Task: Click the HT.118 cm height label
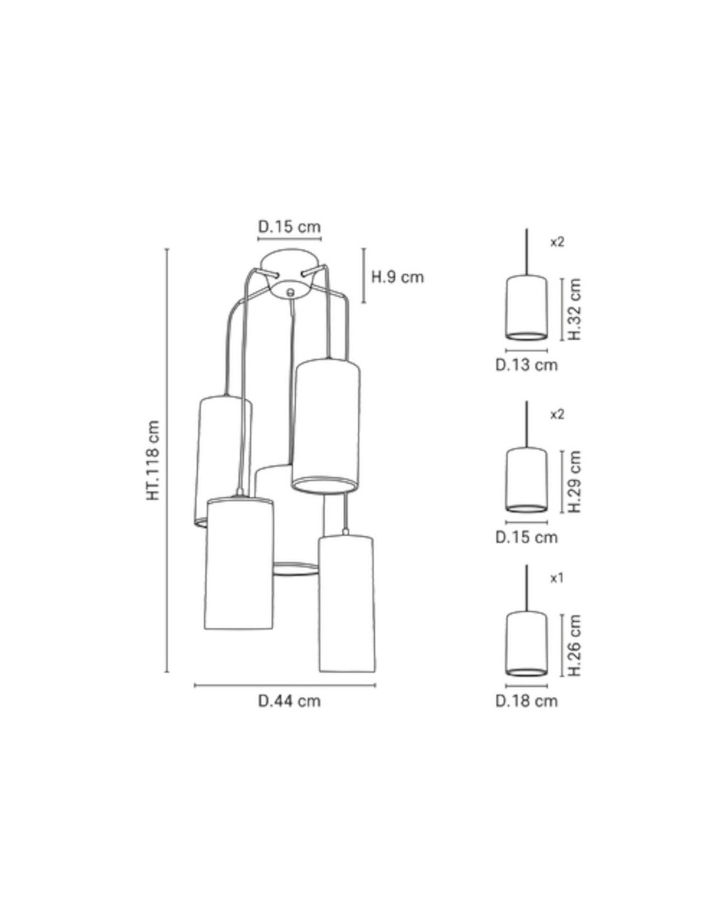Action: coord(153,460)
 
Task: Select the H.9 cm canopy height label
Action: coord(397,277)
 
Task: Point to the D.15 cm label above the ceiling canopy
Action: coord(289,226)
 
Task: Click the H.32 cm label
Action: coord(574,309)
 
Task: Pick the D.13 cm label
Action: coord(526,365)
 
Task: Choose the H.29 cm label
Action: coord(574,481)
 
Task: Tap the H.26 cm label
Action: coord(574,645)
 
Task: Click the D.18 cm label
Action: coord(526,701)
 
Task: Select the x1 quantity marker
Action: coord(557,578)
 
